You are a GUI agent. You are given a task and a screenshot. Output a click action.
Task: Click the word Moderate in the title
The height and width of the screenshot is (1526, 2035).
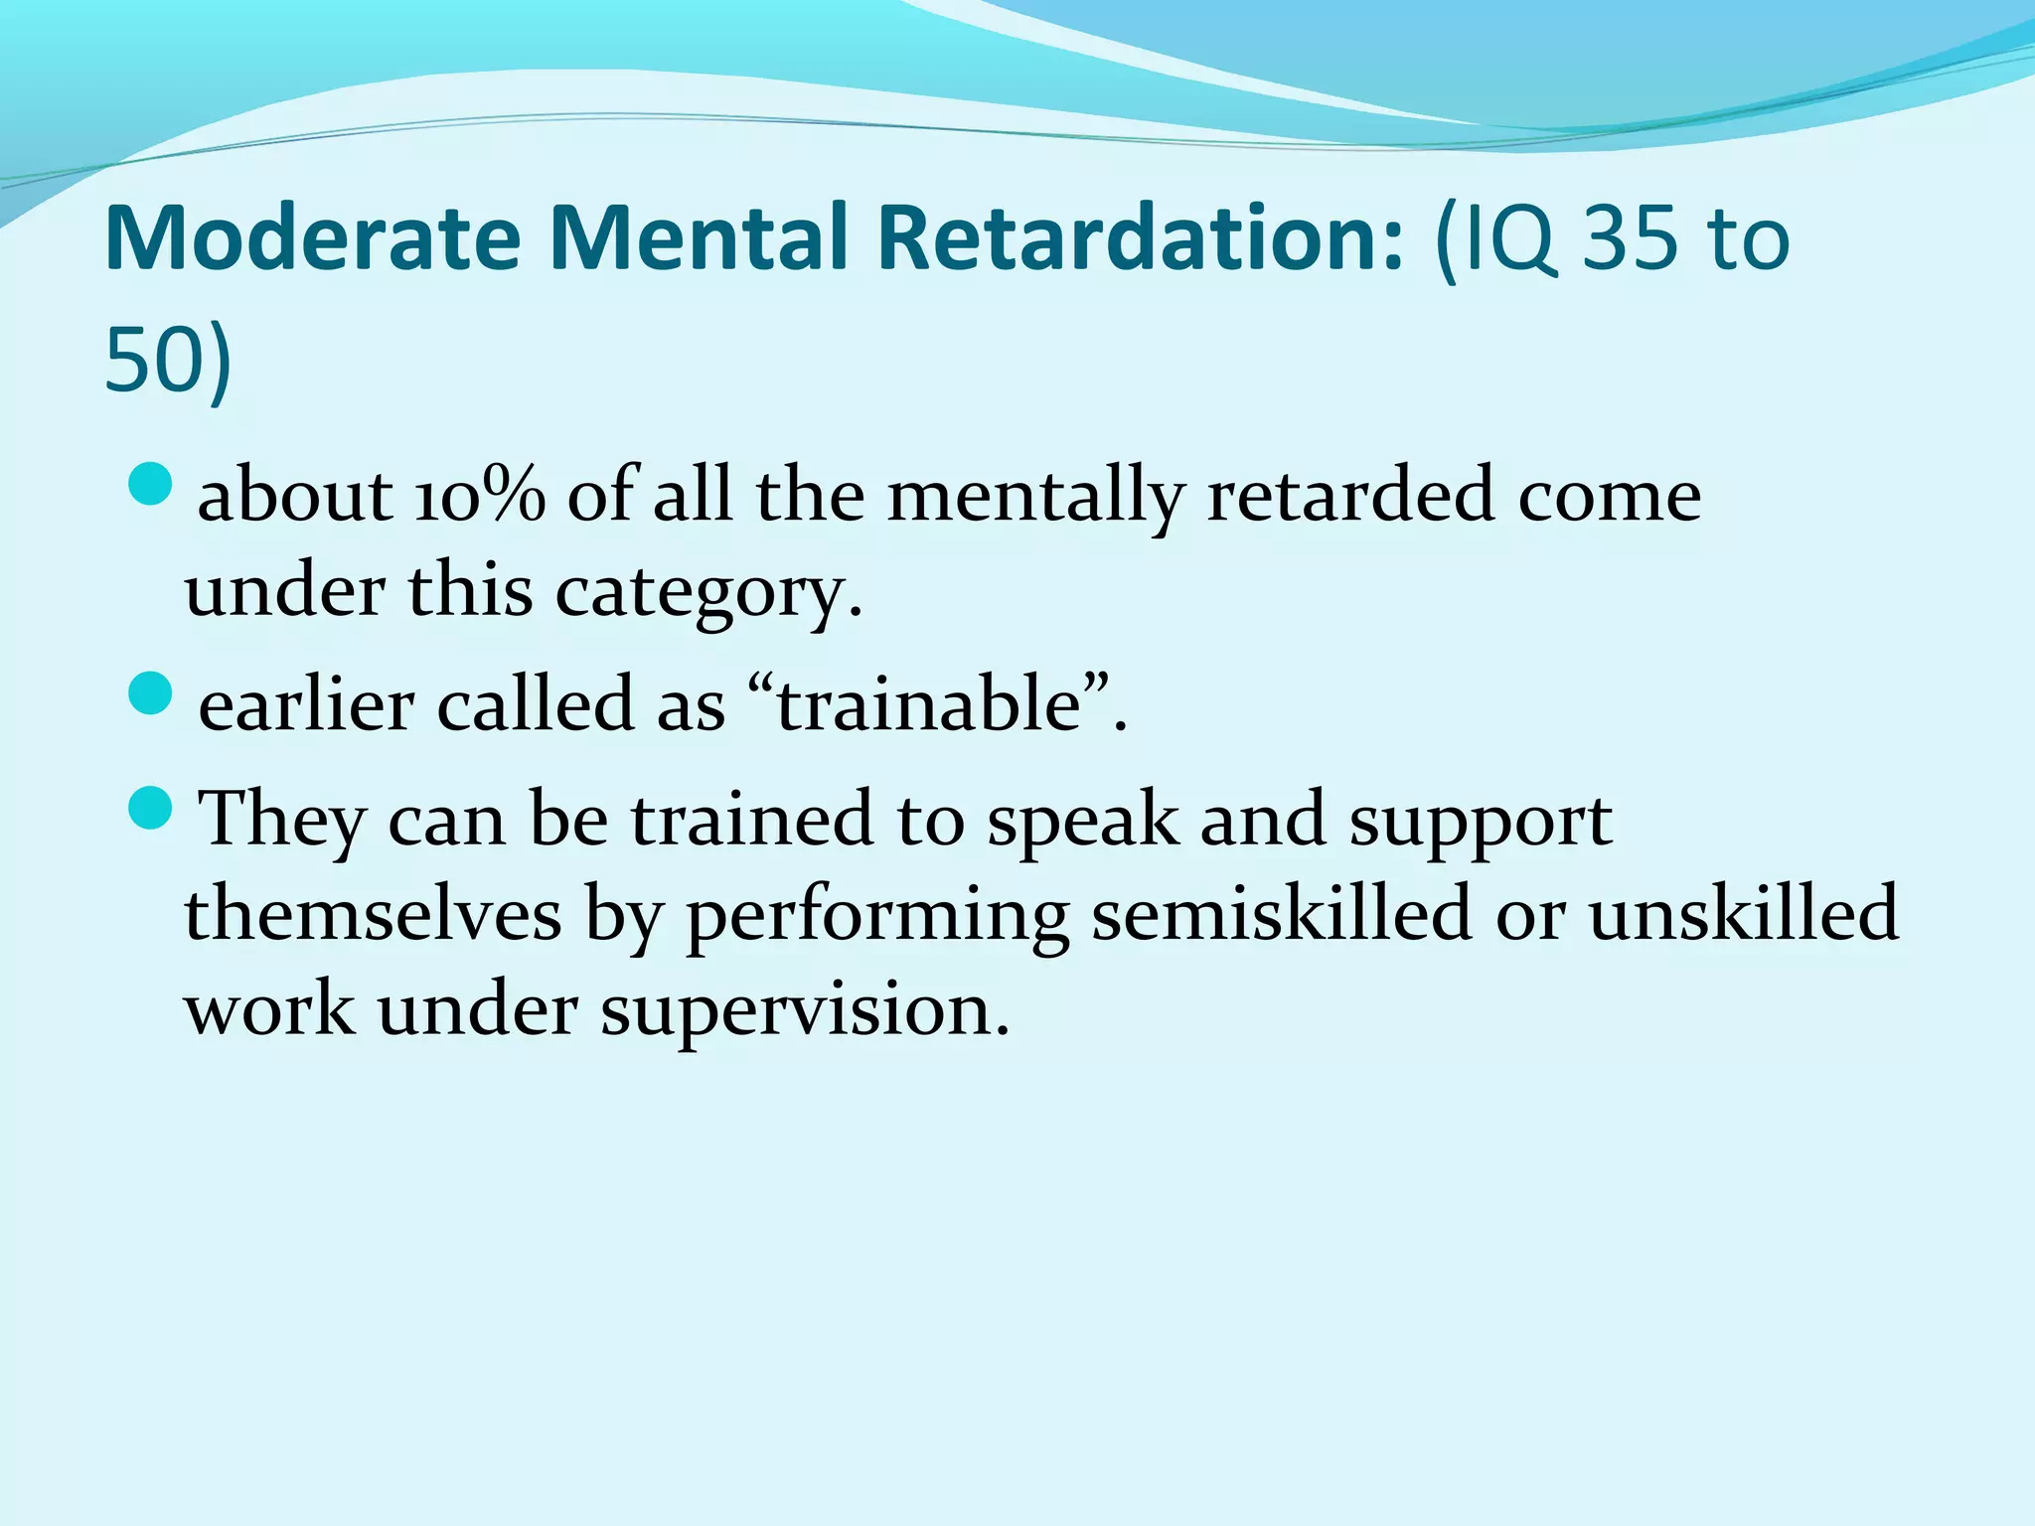click(312, 238)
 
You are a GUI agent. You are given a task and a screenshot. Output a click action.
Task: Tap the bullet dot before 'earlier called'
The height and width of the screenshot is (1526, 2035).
click(151, 692)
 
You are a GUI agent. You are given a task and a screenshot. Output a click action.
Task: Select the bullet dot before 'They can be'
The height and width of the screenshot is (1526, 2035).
click(151, 807)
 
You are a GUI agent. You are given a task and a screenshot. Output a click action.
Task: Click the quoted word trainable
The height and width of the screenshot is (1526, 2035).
click(928, 704)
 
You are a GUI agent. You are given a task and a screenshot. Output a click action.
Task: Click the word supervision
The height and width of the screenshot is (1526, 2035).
click(803, 1011)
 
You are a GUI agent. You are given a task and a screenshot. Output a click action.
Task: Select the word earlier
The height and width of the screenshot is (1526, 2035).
click(306, 704)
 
